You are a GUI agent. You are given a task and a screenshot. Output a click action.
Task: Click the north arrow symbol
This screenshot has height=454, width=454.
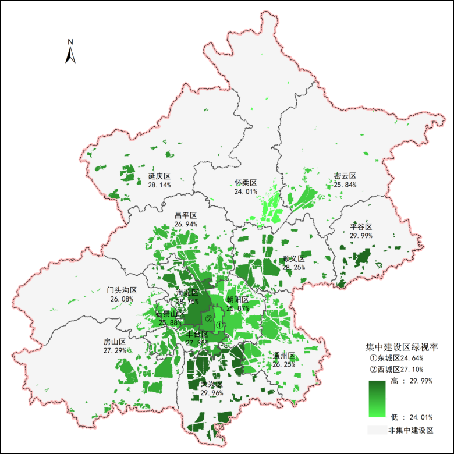70,52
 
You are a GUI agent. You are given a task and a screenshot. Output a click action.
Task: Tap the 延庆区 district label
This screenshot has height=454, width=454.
159,176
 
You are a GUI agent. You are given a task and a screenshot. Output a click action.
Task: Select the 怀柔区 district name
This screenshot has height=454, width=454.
246,183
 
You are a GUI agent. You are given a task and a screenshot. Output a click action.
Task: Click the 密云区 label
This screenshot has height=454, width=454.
345,176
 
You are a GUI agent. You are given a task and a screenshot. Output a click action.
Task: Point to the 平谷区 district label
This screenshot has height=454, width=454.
361,226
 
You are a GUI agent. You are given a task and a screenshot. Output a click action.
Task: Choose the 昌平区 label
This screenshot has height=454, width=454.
186,215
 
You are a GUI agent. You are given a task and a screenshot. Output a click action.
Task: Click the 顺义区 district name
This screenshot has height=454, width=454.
293,259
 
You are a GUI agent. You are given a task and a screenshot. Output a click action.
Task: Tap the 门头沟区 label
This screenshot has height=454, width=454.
122,290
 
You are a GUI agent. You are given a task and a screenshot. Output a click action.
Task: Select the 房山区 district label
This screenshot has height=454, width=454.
114,342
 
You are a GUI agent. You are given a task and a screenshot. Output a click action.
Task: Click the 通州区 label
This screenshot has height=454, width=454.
284,356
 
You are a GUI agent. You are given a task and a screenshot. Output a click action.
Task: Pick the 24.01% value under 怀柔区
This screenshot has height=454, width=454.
246,191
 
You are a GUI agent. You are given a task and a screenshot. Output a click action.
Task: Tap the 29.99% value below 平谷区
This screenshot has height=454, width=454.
361,235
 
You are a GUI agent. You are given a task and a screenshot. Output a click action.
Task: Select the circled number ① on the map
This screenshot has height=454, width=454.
219,324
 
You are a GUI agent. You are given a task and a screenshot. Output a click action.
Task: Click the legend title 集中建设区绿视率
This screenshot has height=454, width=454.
402,346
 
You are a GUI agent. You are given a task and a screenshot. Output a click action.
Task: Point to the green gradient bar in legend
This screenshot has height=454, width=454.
377,399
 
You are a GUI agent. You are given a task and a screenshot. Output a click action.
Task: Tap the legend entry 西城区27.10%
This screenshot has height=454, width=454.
400,370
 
